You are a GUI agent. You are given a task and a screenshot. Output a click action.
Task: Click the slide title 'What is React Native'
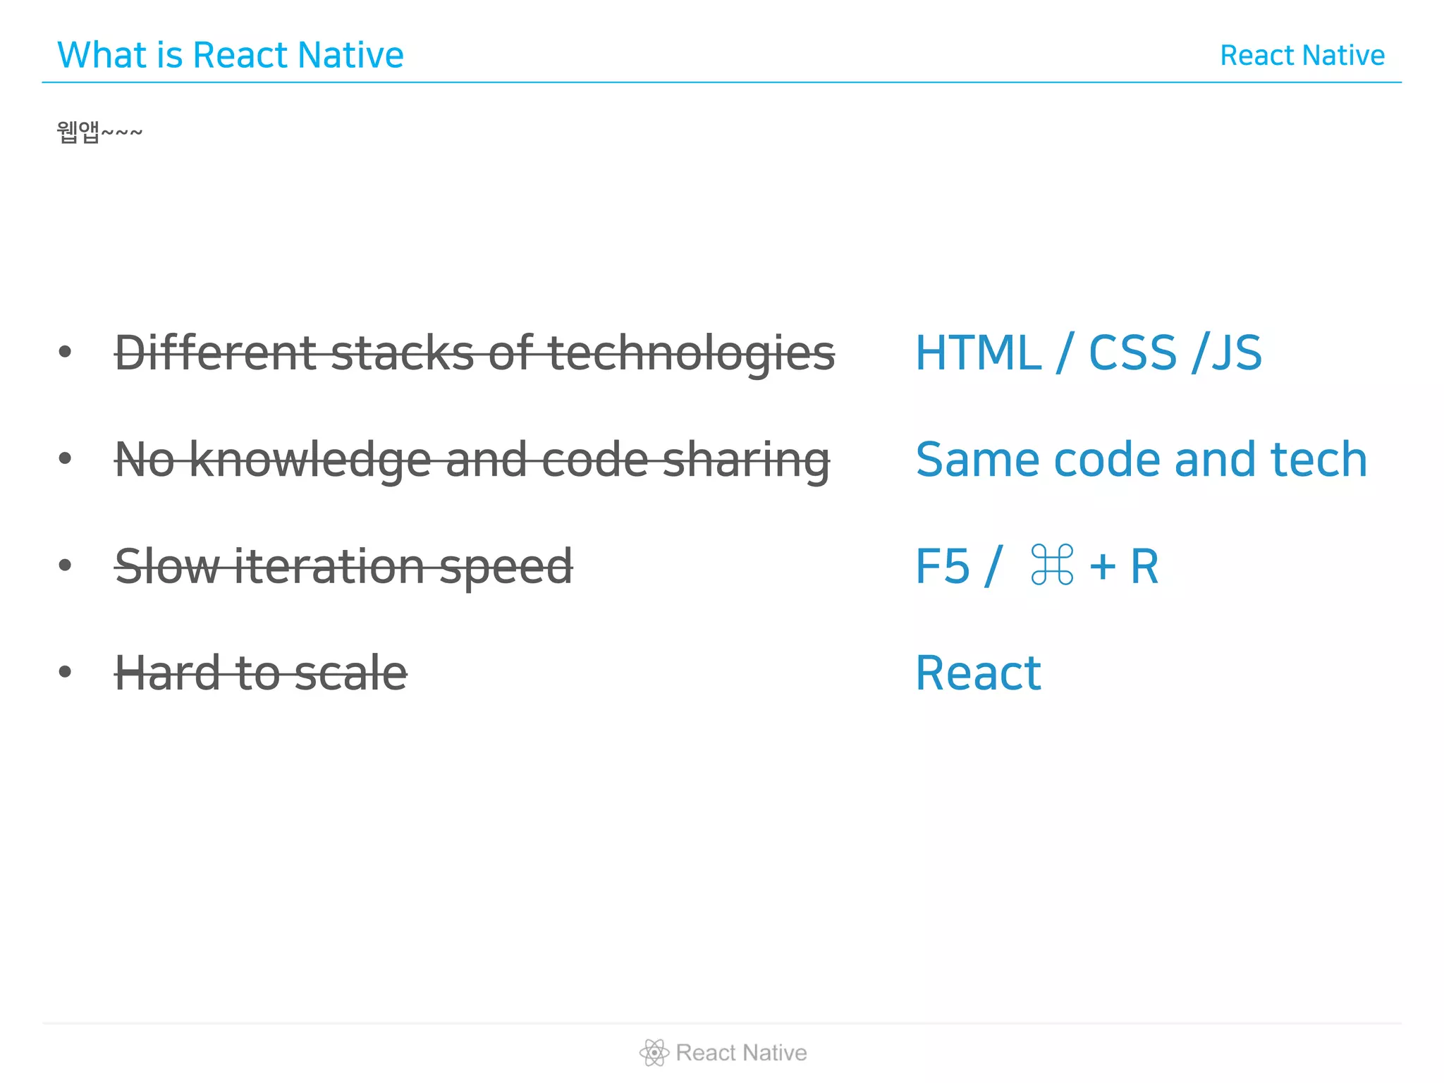tap(230, 55)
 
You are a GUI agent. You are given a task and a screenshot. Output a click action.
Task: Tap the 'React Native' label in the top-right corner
tap(1302, 56)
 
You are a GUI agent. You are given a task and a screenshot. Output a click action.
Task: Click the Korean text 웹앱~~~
tap(99, 132)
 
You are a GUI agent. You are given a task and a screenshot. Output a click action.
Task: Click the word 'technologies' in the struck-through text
tap(691, 353)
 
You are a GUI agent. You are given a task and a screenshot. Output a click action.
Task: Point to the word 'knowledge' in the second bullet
tap(310, 460)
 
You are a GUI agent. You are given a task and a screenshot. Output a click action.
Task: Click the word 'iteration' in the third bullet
tap(329, 566)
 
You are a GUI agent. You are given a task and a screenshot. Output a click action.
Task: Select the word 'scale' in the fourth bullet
tap(350, 673)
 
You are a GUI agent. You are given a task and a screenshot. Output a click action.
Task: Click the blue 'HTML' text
tap(978, 353)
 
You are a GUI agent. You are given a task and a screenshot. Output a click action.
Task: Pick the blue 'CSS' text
tap(1132, 353)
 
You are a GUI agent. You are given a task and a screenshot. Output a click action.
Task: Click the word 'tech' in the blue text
tap(1318, 460)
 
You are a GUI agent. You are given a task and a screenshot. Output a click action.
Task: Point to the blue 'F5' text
tap(942, 566)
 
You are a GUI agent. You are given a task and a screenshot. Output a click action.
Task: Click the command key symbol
tap(1052, 565)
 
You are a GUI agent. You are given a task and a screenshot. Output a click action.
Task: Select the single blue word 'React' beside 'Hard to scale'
tap(978, 673)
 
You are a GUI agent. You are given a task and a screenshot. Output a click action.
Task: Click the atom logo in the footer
tap(654, 1052)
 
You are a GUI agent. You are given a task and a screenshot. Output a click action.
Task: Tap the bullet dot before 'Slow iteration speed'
tap(66, 565)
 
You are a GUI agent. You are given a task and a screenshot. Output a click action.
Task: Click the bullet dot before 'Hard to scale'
tap(66, 671)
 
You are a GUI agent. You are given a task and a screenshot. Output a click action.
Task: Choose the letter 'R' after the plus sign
tap(1144, 566)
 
